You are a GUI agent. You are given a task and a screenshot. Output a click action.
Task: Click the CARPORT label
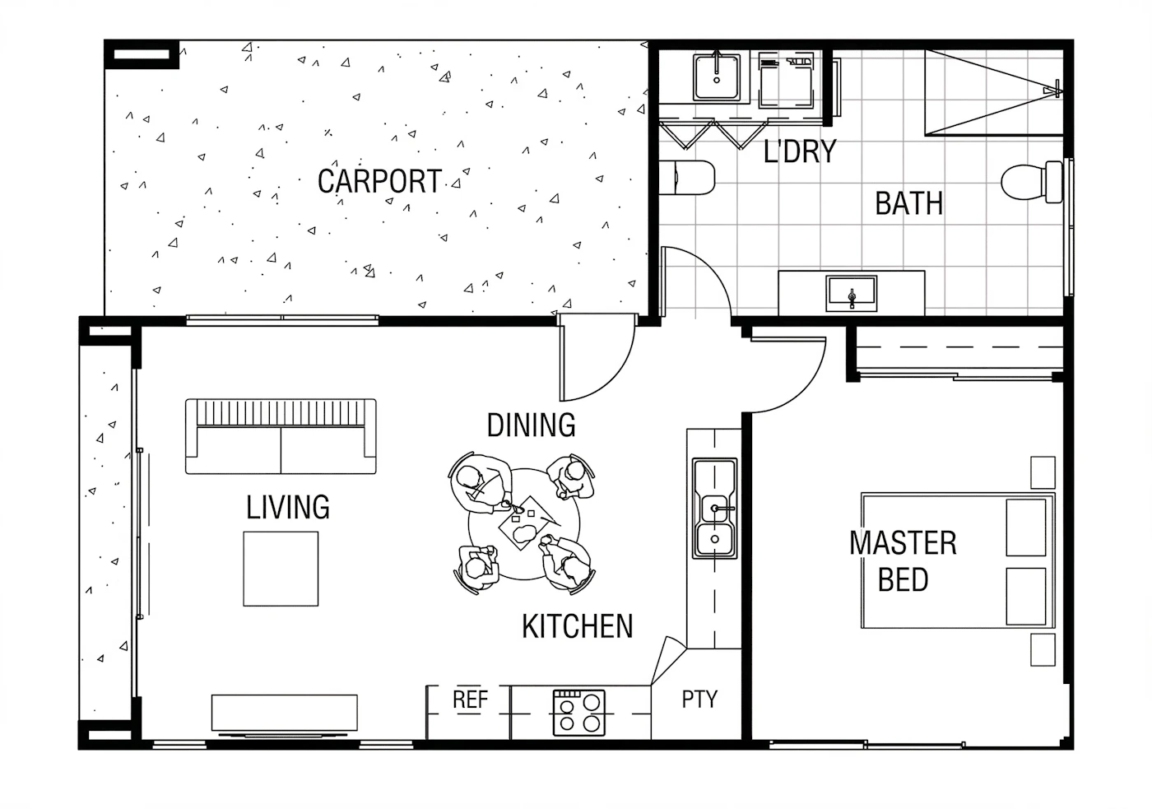(x=379, y=181)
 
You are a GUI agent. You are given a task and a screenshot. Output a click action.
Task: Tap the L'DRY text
(x=800, y=151)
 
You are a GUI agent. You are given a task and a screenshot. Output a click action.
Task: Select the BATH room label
(x=908, y=203)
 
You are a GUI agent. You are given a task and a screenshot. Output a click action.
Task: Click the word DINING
(x=532, y=425)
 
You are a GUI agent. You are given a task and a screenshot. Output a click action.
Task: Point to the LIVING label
(x=288, y=507)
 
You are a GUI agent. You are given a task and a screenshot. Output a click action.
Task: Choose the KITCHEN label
(x=578, y=626)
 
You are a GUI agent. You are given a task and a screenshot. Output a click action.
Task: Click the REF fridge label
(x=470, y=700)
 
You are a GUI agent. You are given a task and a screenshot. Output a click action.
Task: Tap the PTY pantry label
(x=699, y=699)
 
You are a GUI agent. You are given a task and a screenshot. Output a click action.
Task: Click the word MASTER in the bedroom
(x=903, y=543)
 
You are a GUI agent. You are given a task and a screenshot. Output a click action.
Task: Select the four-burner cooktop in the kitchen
(x=579, y=713)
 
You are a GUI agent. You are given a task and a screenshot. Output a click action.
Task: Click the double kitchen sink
(x=714, y=508)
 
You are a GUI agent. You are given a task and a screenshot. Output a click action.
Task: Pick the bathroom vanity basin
(x=851, y=294)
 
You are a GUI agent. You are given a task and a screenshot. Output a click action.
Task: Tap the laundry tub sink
(x=717, y=77)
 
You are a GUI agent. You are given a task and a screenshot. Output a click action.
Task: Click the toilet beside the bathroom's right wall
(x=1032, y=182)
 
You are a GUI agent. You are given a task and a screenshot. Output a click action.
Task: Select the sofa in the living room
(x=281, y=436)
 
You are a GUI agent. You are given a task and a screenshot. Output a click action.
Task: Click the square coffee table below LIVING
(x=281, y=569)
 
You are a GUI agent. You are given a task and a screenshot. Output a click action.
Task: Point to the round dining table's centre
(x=524, y=524)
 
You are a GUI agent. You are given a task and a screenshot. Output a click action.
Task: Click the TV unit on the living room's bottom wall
(x=285, y=713)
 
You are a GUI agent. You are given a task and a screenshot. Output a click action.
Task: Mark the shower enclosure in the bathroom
(x=994, y=92)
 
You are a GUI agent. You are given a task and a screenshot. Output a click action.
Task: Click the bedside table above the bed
(x=1043, y=472)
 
